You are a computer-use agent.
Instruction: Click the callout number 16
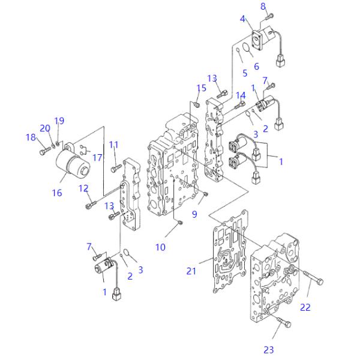click(57, 193)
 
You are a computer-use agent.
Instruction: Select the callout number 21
click(191, 271)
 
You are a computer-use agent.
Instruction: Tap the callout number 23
click(269, 350)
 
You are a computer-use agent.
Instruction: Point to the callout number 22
click(305, 307)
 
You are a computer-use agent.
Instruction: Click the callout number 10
click(160, 247)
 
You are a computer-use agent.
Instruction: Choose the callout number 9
click(194, 214)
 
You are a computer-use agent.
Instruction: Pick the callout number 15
click(202, 88)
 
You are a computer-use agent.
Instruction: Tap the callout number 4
click(242, 19)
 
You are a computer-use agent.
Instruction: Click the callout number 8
click(263, 7)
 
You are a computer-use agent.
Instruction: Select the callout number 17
click(97, 158)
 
